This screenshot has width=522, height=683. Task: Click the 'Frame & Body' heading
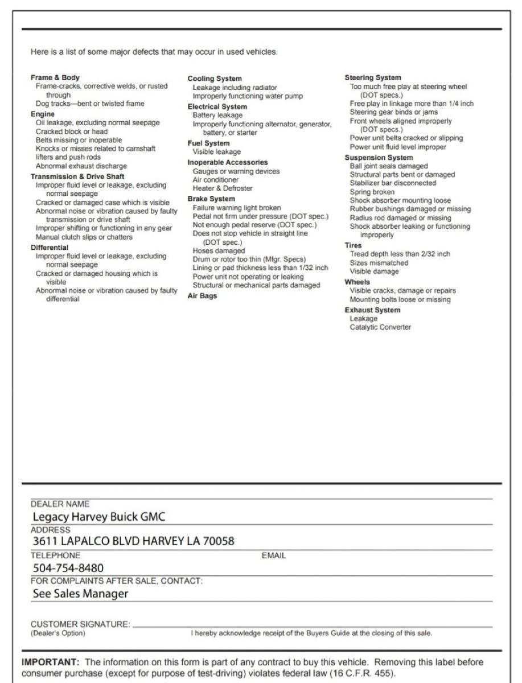tap(55, 77)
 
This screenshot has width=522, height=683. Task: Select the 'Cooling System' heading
tap(214, 79)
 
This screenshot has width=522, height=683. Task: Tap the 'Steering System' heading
tap(372, 77)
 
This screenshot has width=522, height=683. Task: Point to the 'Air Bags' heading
tap(202, 296)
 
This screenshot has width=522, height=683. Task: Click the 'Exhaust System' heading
tap(372, 310)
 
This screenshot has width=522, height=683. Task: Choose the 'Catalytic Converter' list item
tap(380, 327)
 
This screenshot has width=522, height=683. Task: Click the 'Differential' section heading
tap(49, 248)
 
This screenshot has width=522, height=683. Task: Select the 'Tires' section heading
tap(353, 245)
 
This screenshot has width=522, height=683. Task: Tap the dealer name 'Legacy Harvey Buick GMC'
tap(98, 517)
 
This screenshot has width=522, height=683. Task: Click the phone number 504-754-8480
tap(68, 568)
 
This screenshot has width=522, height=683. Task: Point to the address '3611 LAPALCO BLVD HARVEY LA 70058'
tap(133, 541)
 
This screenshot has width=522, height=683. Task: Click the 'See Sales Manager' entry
tap(80, 594)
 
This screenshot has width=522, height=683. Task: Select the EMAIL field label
tap(273, 556)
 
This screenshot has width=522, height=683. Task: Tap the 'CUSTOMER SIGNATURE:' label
tap(80, 624)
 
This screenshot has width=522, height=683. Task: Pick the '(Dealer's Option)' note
tap(57, 633)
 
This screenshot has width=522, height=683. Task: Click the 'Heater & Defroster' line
tap(223, 188)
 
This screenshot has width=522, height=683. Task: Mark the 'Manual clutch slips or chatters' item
tap(84, 237)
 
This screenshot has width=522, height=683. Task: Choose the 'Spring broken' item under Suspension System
tap(372, 192)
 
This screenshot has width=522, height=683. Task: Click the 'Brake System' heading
tap(211, 199)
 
